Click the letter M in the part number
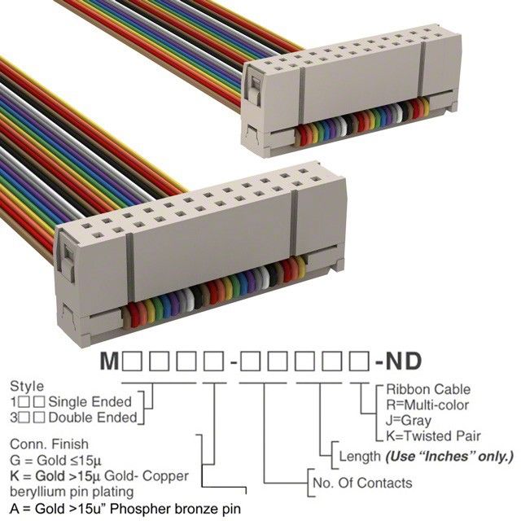(x=109, y=361)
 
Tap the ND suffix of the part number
(x=403, y=361)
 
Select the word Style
(x=27, y=387)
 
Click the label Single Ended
(x=90, y=402)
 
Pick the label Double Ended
(x=93, y=418)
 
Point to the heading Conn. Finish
(x=49, y=444)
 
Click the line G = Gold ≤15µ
(x=55, y=461)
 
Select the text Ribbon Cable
(x=428, y=389)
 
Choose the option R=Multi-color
(x=427, y=405)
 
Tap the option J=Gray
(x=409, y=421)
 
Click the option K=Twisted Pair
(x=433, y=436)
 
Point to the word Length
(x=360, y=457)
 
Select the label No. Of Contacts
(x=362, y=483)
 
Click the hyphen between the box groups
(x=234, y=363)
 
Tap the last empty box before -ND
(x=359, y=361)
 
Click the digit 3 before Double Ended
(x=14, y=418)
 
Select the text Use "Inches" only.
(x=449, y=457)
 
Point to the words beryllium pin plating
(x=72, y=492)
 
